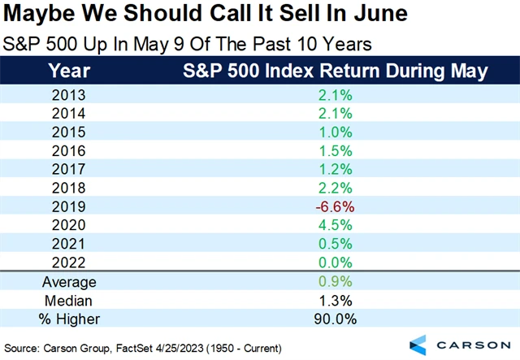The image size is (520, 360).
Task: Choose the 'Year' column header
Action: pos(70,72)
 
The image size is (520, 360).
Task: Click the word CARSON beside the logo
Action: pos(474,342)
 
